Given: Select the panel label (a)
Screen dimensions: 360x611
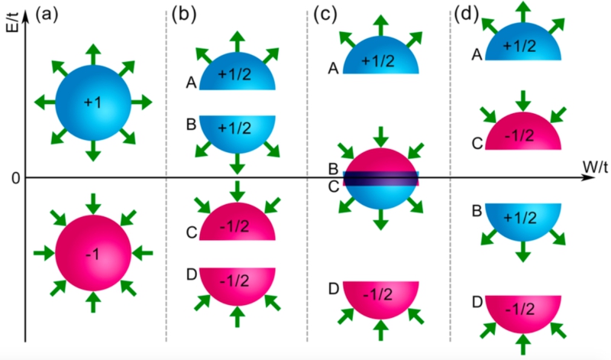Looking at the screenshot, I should click(44, 13).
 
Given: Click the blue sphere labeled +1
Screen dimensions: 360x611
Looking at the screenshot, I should click(92, 102).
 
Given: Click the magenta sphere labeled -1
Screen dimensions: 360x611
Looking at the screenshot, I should click(92, 253).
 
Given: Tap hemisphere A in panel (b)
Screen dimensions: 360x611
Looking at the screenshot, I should click(237, 74).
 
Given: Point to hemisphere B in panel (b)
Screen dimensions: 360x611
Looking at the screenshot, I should click(237, 131).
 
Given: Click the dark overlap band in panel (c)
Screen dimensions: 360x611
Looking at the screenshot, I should click(381, 178).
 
